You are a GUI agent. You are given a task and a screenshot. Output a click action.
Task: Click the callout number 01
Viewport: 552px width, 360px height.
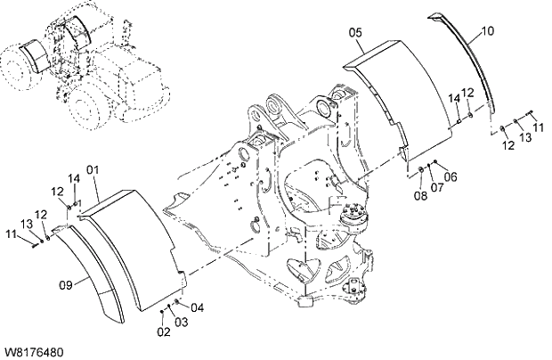click(x=92, y=169)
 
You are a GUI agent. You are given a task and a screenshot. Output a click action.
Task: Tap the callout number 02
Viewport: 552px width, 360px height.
click(x=164, y=332)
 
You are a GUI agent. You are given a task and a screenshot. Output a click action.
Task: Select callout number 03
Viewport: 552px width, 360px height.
click(x=181, y=321)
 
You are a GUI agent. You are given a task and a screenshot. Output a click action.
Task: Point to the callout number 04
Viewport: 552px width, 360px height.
click(x=197, y=308)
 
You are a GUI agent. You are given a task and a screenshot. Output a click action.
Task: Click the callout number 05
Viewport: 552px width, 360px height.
click(x=355, y=33)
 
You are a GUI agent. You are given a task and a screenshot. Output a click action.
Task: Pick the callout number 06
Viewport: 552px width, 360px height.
click(x=451, y=176)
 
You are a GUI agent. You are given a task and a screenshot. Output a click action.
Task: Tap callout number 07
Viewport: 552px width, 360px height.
click(x=436, y=187)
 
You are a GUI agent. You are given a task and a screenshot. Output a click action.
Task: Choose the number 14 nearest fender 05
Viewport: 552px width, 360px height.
click(x=454, y=96)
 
